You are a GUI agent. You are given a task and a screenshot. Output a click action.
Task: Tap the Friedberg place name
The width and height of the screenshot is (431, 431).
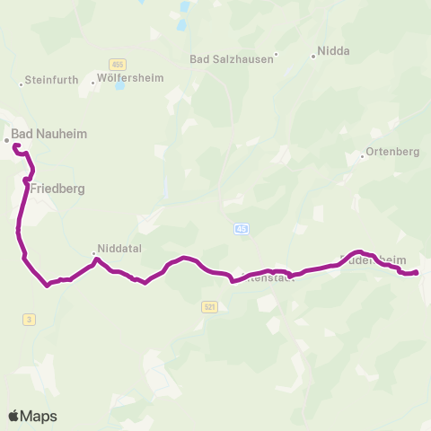coord(57,189)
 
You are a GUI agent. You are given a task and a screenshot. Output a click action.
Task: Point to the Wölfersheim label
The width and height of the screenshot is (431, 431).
coord(131,78)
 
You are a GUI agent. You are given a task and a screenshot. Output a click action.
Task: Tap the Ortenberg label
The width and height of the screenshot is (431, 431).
coord(393,152)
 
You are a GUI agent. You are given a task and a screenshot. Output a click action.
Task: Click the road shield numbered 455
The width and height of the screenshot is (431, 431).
coord(118,64)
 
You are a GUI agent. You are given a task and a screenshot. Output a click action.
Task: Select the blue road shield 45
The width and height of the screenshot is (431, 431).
coord(241,229)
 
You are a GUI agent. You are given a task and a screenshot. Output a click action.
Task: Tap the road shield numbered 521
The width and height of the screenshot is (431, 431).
coord(210,306)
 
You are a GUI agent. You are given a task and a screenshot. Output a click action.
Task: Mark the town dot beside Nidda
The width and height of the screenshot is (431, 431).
coord(312,57)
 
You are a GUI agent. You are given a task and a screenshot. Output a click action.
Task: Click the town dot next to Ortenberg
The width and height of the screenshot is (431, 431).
coord(362,157)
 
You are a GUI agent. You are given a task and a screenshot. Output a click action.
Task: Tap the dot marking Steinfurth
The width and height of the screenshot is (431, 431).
coord(22,84)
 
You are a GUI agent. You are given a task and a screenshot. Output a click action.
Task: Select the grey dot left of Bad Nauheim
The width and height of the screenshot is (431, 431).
coord(6,140)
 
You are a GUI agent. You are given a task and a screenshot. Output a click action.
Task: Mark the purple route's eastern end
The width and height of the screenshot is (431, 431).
coord(418,273)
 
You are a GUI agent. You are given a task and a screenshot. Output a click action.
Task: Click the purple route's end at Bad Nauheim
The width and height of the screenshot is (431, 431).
coord(15,145)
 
